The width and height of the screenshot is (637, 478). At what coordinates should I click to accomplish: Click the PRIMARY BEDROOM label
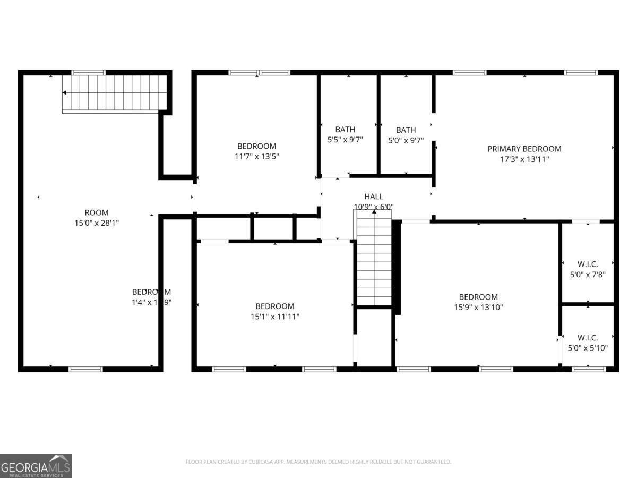tap(524, 149)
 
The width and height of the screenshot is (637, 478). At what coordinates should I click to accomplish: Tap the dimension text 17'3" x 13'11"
tap(524, 159)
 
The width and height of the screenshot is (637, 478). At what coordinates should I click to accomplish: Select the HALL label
tap(374, 197)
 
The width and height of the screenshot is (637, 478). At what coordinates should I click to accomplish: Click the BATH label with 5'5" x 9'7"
tap(345, 130)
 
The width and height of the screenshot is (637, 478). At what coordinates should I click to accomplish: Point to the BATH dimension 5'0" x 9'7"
tap(406, 140)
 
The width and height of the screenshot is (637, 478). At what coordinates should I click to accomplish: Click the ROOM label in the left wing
tap(97, 212)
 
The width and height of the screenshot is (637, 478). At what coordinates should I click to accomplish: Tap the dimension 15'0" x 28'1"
tap(97, 223)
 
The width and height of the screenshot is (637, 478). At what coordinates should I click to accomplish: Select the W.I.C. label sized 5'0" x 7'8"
tap(588, 264)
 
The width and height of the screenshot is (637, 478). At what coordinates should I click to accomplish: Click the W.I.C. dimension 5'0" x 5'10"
tap(588, 348)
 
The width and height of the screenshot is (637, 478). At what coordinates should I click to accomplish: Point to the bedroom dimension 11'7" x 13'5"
tap(257, 156)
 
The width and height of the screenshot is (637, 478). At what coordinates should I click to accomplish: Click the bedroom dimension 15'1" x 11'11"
tap(275, 317)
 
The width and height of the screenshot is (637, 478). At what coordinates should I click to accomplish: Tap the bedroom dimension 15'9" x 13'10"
tap(478, 307)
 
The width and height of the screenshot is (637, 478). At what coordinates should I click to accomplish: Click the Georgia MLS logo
tap(36, 466)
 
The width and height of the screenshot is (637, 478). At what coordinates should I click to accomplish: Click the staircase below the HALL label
tap(374, 260)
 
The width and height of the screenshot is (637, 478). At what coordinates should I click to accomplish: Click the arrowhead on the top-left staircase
tap(65, 92)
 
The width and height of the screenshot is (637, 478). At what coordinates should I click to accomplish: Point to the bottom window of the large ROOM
tap(85, 369)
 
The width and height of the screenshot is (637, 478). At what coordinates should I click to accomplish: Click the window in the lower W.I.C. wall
tap(588, 369)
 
